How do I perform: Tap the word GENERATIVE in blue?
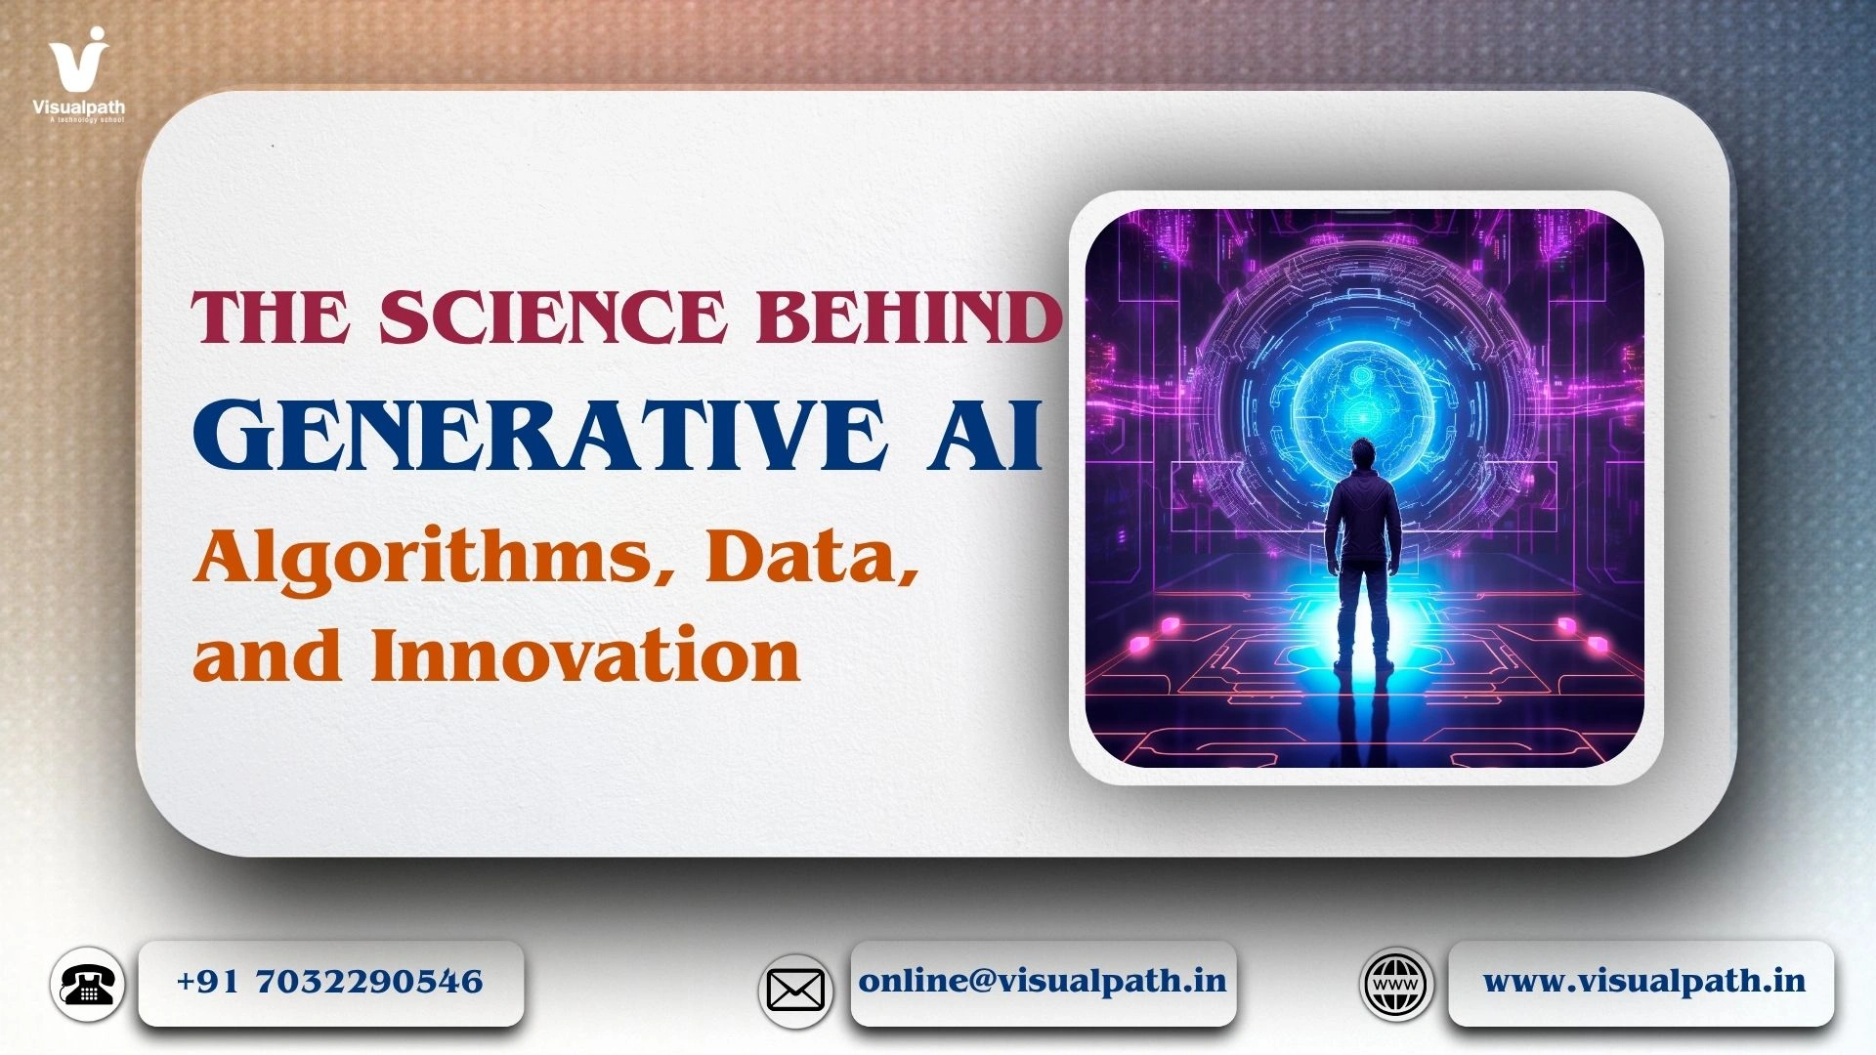(541, 435)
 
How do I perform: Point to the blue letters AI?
(985, 435)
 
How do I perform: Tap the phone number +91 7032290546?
(330, 982)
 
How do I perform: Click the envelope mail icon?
(795, 991)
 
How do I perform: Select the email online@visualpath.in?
(1043, 981)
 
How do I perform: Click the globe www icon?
(1396, 984)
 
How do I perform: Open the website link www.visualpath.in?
(1644, 981)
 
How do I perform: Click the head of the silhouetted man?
(1366, 457)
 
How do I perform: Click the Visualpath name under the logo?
(79, 107)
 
